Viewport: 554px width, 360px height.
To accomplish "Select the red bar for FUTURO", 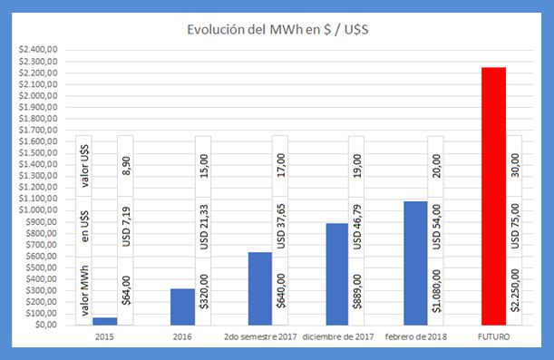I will coord(493,196).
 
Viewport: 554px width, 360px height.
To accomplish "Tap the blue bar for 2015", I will coord(104,321).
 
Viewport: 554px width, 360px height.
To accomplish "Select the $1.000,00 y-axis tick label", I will coord(37,210).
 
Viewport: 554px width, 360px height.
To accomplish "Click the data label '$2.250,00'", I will coord(515,291).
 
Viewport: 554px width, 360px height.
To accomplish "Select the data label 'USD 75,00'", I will coord(515,228).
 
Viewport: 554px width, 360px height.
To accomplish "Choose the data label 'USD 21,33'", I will coord(204,228).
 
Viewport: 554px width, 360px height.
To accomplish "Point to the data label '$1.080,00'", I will coord(437,291).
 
